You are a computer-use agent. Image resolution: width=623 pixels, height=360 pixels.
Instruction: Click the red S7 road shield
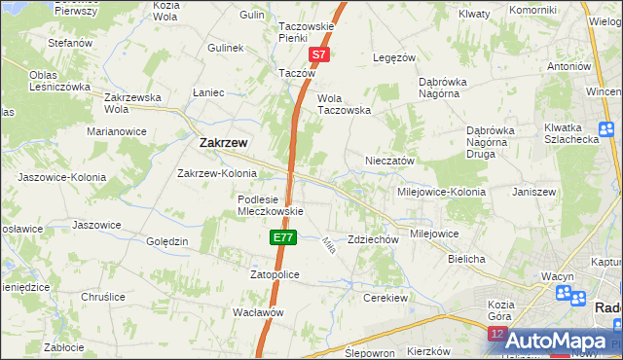point(317,56)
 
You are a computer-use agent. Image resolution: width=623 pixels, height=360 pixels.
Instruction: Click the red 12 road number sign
point(496,334)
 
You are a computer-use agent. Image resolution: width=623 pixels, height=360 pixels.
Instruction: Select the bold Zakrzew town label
point(223,142)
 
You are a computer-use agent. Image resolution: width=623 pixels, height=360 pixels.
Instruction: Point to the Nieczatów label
point(390,161)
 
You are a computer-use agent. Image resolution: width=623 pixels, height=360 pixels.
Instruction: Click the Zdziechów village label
point(374,239)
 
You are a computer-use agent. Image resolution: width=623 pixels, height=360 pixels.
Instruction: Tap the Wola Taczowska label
point(345,104)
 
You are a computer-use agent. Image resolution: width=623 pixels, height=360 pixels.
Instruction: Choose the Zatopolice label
point(275,275)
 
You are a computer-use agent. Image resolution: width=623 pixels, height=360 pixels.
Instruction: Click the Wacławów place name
point(257,312)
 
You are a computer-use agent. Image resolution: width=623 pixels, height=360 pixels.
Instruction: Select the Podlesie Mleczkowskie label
point(272,205)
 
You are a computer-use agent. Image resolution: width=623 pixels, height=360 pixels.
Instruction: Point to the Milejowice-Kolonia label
point(441,192)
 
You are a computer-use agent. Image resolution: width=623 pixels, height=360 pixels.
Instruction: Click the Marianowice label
point(116,130)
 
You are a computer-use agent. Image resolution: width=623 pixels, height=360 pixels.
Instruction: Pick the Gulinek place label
point(224,47)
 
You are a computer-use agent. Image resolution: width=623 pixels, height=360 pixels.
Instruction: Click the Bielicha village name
point(466,259)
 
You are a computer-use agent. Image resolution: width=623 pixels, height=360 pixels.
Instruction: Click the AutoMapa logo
point(556,341)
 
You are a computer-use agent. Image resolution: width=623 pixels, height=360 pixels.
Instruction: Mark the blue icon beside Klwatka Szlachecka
point(606,128)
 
